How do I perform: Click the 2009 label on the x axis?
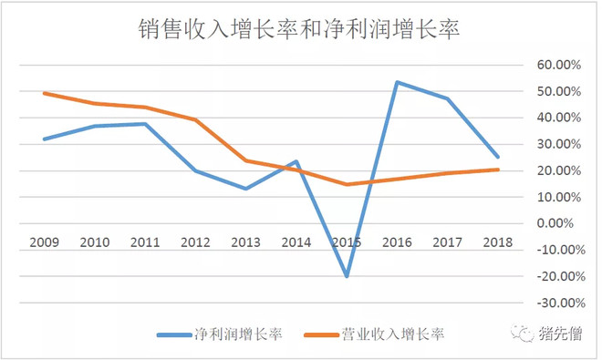(x=44, y=242)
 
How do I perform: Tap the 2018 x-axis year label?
(x=497, y=242)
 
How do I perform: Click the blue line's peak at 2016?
(x=397, y=82)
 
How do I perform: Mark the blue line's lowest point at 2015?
(x=347, y=276)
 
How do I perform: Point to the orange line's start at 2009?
(x=44, y=93)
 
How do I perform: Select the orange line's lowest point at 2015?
(x=347, y=184)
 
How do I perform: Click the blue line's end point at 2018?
(x=498, y=157)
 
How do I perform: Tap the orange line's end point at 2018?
(x=498, y=170)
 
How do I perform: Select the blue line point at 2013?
(x=245, y=189)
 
